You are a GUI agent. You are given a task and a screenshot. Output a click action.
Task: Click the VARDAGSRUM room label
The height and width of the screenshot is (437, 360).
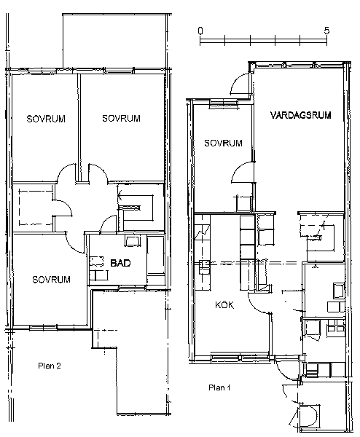(x=300, y=115)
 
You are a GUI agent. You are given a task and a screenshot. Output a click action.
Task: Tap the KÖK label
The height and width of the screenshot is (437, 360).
(x=224, y=305)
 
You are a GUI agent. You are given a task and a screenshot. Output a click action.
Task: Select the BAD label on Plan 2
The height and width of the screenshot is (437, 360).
(x=120, y=263)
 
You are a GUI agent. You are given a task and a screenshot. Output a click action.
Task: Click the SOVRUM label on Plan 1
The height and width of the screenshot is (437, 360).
(x=223, y=143)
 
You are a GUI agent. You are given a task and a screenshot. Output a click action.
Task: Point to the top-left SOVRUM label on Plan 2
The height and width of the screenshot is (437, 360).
(x=46, y=119)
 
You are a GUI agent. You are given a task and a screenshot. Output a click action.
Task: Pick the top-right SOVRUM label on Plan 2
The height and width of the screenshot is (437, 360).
(x=121, y=119)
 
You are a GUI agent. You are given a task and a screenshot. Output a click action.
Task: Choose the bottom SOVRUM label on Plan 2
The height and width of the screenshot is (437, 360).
(x=51, y=279)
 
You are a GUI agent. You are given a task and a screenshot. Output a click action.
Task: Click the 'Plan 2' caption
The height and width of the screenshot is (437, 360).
(x=50, y=366)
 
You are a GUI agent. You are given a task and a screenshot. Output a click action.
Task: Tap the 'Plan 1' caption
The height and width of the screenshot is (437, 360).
(x=219, y=387)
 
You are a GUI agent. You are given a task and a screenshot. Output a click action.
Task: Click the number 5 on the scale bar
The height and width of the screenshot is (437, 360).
(x=326, y=31)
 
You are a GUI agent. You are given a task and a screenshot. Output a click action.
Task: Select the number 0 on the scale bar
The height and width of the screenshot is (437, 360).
(x=200, y=31)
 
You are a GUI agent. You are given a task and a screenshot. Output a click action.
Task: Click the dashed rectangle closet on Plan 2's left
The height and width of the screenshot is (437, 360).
(x=36, y=208)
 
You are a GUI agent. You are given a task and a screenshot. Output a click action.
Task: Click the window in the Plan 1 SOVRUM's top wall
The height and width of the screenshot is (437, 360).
(x=224, y=103)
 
